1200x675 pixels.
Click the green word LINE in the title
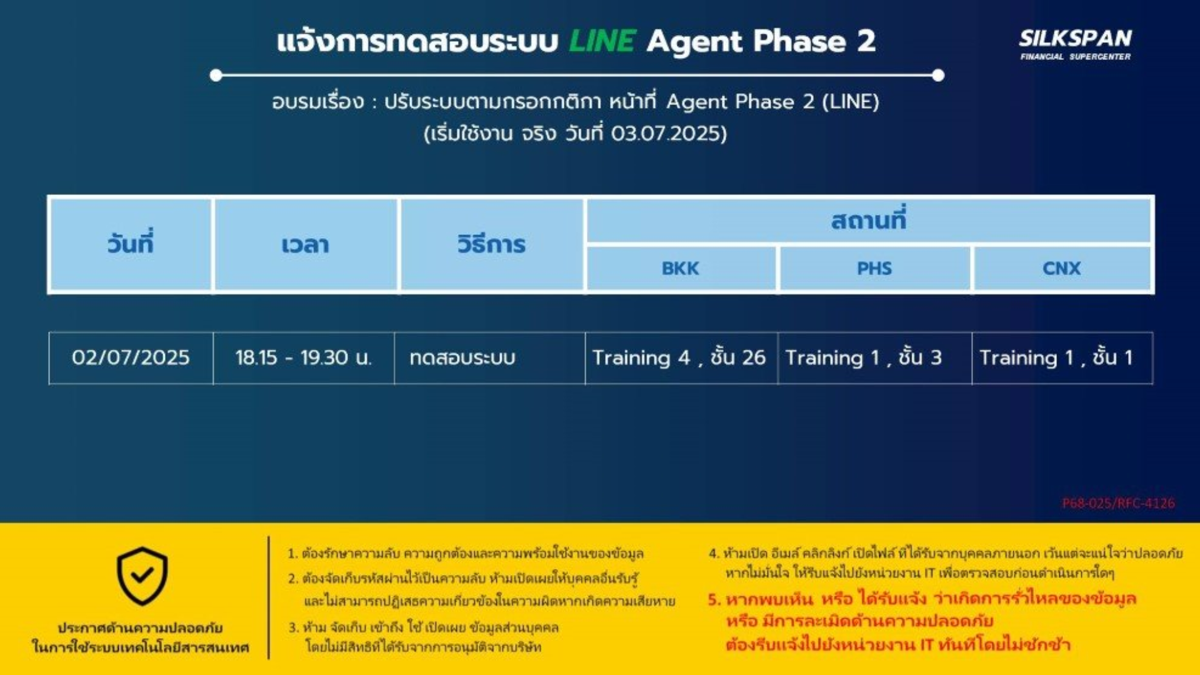click(x=602, y=41)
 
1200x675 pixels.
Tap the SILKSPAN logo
click(x=1075, y=44)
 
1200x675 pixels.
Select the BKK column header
click(x=681, y=269)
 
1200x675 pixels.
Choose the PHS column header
click(x=874, y=269)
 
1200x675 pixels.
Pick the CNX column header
click(x=1061, y=269)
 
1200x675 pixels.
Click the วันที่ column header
click(x=130, y=244)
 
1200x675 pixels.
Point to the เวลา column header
click(x=305, y=244)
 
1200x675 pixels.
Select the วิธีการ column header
click(x=491, y=244)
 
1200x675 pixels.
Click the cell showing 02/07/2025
click(x=131, y=357)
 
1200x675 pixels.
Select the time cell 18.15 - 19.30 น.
click(x=304, y=357)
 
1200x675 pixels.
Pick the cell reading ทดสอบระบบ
click(x=489, y=357)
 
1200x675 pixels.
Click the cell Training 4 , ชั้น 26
click(x=681, y=357)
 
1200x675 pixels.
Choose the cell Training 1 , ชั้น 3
click(x=875, y=357)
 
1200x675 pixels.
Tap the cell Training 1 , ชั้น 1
click(x=1062, y=357)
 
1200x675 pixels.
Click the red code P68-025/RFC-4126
click(x=1118, y=503)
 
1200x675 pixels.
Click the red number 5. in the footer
click(x=714, y=599)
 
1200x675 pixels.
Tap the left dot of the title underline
click(x=216, y=76)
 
